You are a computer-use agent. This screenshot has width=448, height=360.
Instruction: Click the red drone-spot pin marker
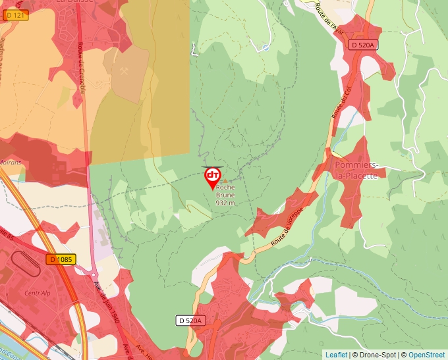pos(213,176)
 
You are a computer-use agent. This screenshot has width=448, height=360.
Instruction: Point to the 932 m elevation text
pos(225,203)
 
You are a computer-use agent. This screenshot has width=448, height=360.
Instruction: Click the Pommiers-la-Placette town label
pos(356,170)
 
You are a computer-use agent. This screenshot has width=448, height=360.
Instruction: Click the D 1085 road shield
pos(61,260)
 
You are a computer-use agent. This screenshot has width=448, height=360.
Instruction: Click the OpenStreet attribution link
pos(427,355)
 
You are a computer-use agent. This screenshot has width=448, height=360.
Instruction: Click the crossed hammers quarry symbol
pos(126,72)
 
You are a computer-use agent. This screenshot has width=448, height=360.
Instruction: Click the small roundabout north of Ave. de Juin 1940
pos(93,274)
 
